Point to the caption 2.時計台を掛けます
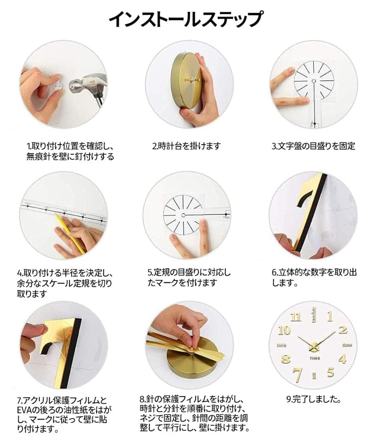point(187,146)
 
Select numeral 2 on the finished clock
point(342,330)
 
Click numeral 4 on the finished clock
point(342,359)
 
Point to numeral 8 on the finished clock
point(286,359)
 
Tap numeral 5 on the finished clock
point(330,372)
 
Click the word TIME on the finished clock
point(314,358)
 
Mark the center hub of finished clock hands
point(314,346)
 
